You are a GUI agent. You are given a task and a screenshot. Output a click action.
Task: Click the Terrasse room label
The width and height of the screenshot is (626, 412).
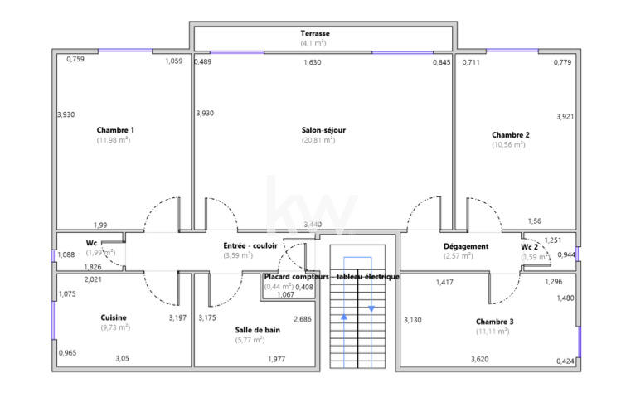click(x=314, y=33)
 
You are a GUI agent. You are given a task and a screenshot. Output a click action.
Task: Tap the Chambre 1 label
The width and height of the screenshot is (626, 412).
click(x=115, y=130)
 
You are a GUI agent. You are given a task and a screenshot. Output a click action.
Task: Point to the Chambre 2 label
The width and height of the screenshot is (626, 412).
click(x=510, y=134)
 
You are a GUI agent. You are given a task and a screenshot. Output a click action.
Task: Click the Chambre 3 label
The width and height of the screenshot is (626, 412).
click(x=494, y=322)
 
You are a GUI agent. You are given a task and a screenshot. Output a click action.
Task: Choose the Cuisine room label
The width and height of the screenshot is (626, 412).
click(x=114, y=317)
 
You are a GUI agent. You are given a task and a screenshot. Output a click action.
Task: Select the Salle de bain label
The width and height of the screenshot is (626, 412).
click(x=257, y=330)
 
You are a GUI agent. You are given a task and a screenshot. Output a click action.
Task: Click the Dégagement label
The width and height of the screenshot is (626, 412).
click(x=466, y=246)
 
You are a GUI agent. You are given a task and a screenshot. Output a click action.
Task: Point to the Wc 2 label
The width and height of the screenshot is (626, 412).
click(x=530, y=247)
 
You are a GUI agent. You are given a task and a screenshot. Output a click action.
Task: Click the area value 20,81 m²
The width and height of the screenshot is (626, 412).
click(x=318, y=141)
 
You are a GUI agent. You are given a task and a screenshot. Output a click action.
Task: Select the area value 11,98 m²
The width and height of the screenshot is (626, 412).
click(x=113, y=140)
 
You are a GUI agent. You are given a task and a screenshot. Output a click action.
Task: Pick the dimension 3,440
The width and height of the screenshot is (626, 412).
click(x=313, y=225)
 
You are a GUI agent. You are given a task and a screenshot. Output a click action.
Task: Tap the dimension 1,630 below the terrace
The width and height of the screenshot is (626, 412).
click(x=313, y=62)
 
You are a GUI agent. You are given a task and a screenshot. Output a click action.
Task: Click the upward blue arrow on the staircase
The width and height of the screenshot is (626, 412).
click(x=344, y=316)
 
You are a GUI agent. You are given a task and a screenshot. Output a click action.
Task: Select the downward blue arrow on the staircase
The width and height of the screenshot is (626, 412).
click(x=371, y=308)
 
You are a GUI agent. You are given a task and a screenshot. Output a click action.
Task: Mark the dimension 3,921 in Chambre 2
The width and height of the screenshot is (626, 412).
click(x=565, y=116)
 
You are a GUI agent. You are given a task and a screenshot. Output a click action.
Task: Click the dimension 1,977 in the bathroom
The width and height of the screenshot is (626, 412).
click(x=276, y=359)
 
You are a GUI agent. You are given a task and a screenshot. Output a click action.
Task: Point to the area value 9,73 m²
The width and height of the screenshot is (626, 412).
click(x=114, y=327)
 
